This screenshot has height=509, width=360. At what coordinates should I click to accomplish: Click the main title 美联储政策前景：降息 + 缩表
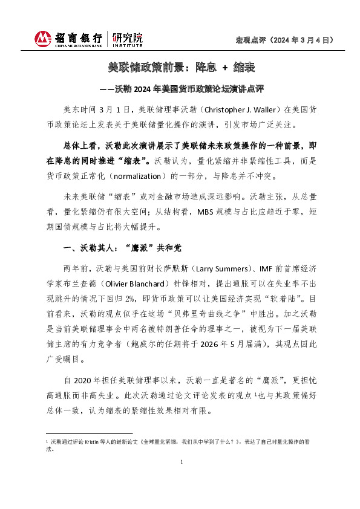click(180, 68)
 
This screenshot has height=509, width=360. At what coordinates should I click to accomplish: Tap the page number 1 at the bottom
click(182, 462)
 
